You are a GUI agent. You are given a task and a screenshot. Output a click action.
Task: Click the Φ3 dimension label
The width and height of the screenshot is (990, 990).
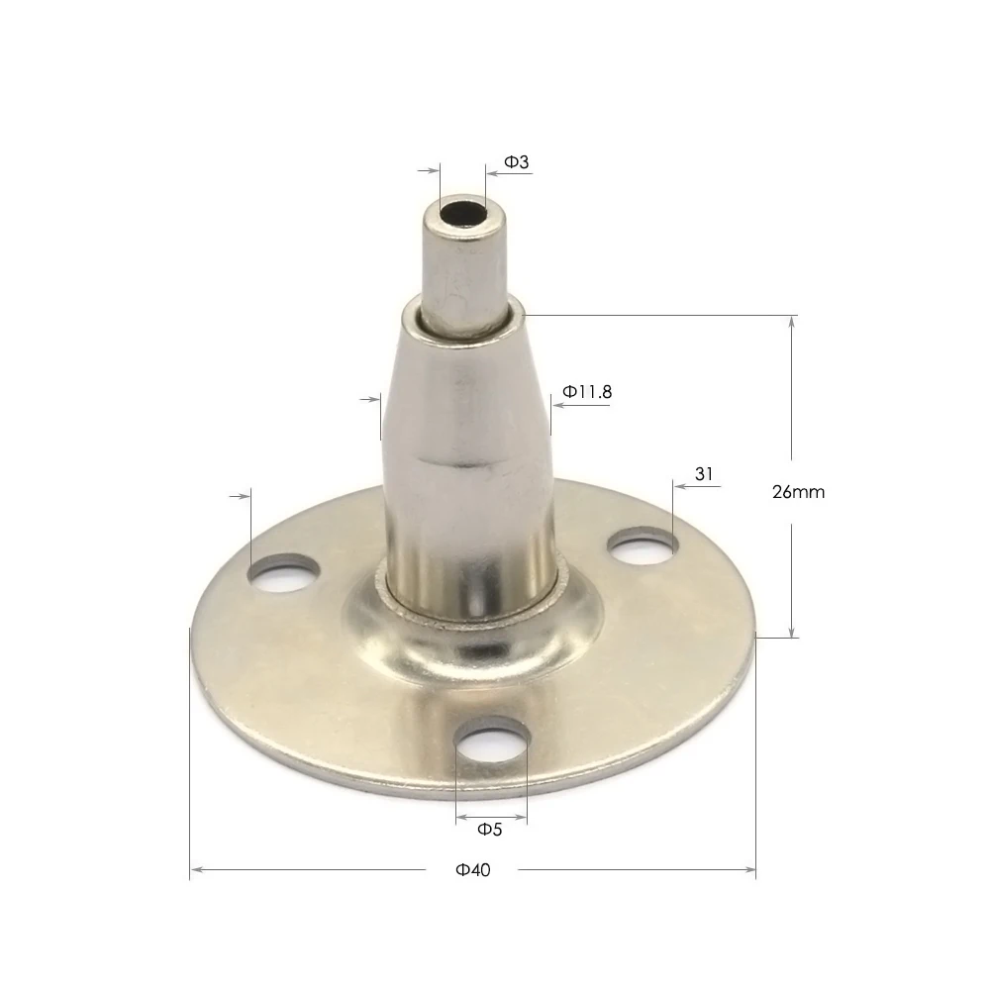[x=517, y=160]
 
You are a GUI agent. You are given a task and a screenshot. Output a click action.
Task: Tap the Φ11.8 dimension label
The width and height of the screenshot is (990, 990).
[x=587, y=392]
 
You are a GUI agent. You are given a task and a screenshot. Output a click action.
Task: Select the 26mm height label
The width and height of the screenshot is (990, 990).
[x=798, y=491]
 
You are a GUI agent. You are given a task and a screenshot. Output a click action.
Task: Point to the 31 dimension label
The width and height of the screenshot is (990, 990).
[x=704, y=474]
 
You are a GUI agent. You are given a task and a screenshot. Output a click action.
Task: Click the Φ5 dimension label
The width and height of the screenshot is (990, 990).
[x=490, y=829]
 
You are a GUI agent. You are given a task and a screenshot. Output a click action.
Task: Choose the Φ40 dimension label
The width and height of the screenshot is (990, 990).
[x=473, y=870]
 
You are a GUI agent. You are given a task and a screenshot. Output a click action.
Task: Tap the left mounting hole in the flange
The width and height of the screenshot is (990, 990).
[x=285, y=572]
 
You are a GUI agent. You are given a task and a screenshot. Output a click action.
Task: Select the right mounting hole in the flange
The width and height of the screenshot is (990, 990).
[x=642, y=545]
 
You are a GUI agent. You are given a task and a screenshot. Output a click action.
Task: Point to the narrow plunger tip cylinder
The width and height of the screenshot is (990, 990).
[x=461, y=262]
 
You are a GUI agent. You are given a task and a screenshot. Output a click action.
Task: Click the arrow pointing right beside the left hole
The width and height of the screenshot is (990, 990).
[x=241, y=495]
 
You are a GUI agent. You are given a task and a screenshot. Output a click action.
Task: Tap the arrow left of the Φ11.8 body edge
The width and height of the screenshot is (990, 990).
[x=372, y=399]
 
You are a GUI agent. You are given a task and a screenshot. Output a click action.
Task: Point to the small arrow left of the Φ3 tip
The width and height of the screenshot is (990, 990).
[x=432, y=170]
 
